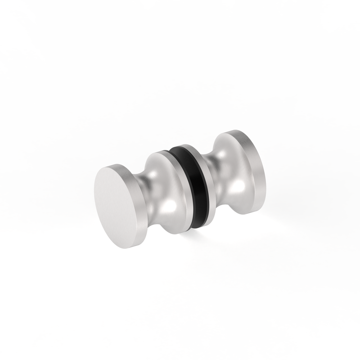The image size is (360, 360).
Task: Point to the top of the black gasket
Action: [x=182, y=149]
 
